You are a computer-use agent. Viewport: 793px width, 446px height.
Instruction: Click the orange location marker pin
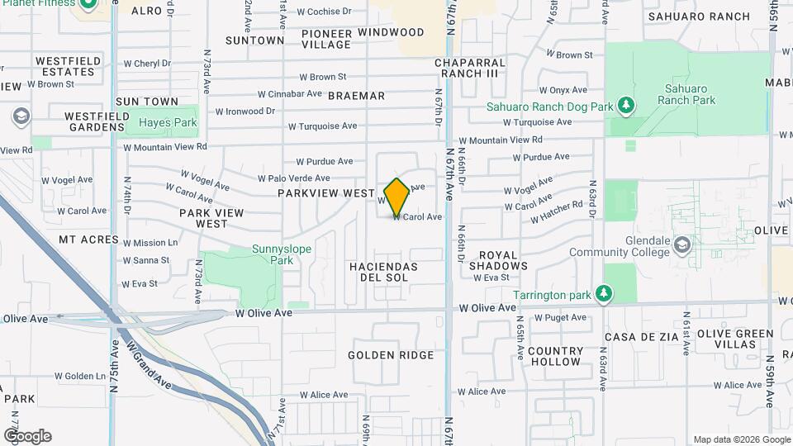pyautogui.click(x=397, y=197)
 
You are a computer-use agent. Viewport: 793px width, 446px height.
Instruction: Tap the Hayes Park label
pyautogui.click(x=168, y=122)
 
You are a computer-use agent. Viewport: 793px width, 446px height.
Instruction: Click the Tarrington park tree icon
pyautogui.click(x=605, y=294)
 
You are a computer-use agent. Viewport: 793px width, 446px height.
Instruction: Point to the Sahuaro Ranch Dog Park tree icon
pyautogui.click(x=627, y=106)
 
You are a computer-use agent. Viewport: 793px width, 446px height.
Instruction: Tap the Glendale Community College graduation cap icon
pyautogui.click(x=682, y=244)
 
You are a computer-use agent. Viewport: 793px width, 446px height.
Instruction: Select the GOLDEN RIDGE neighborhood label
pyautogui.click(x=391, y=355)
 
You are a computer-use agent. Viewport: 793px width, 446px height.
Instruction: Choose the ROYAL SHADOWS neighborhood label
pyautogui.click(x=498, y=261)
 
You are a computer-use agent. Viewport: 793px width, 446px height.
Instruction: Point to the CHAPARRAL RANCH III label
pyautogui.click(x=469, y=68)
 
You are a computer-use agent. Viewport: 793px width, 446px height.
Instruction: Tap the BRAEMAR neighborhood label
pyautogui.click(x=356, y=96)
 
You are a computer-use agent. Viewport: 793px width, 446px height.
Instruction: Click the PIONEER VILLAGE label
pyautogui.click(x=326, y=39)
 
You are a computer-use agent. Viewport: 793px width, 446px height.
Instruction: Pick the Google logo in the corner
pyautogui.click(x=27, y=435)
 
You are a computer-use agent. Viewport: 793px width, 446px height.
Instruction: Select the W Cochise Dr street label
pyautogui.click(x=324, y=12)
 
